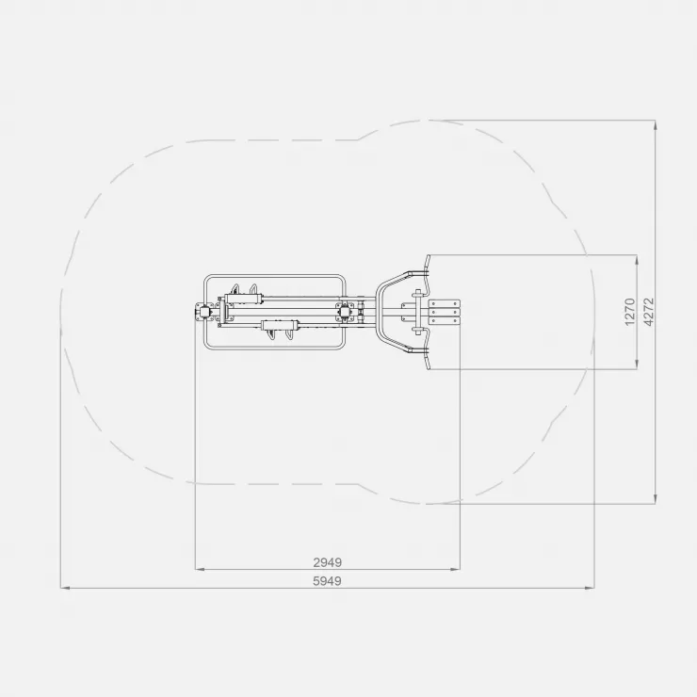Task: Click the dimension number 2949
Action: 327,562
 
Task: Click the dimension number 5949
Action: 327,581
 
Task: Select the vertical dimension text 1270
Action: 630,312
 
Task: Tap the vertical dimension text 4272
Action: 649,312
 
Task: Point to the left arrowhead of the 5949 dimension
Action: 65,588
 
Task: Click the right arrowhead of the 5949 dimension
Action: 590,588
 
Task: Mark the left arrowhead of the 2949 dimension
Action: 200,569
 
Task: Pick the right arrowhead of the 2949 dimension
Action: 455,569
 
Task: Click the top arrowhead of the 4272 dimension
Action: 656,125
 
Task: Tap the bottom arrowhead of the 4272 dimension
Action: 656,499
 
